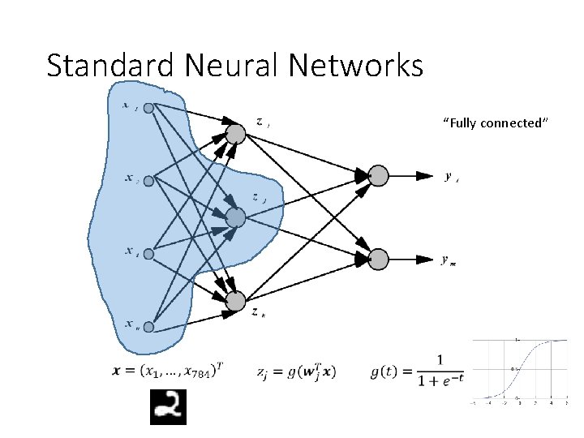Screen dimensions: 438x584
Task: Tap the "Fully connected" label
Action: [496, 123]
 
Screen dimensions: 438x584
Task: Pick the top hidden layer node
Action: [235, 133]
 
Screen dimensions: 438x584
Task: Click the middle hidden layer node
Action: [235, 217]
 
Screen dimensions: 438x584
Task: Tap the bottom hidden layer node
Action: [235, 302]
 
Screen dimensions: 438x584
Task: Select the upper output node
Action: [378, 175]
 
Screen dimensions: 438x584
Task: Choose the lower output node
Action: [378, 260]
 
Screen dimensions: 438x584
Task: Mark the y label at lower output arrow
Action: [448, 260]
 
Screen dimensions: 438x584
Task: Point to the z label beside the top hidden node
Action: [262, 122]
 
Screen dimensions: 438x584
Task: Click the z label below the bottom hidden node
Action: [256, 312]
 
